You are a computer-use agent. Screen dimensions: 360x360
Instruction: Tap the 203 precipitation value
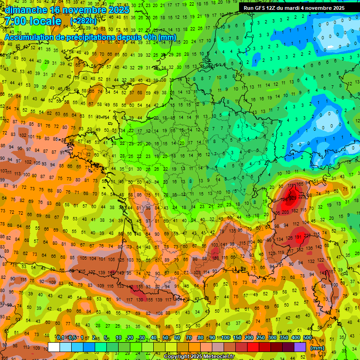[285, 212]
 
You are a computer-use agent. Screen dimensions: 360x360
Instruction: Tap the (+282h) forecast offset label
[83, 22]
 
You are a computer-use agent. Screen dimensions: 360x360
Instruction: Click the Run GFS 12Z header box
[294, 8]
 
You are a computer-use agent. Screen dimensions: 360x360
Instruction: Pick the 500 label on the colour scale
[307, 338]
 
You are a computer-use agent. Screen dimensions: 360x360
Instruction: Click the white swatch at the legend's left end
[54, 347]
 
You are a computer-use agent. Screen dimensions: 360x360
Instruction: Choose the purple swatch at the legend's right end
[300, 347]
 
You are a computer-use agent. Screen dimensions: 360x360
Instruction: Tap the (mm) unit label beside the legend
[317, 348]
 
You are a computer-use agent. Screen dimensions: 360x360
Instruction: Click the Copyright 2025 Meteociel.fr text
[199, 356]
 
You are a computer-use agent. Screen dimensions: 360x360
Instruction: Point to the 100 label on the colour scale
[225, 338]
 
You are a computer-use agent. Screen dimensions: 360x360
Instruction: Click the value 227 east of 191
[307, 235]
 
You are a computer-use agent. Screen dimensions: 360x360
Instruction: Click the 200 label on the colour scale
[248, 338]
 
